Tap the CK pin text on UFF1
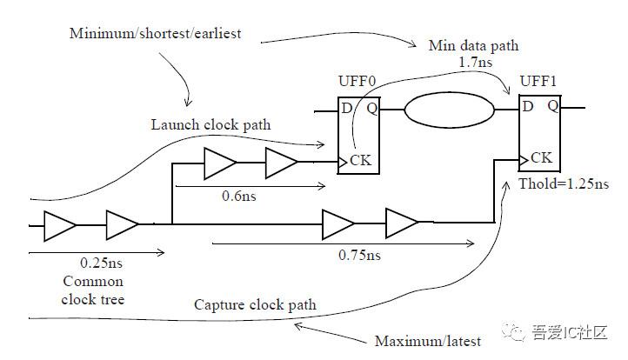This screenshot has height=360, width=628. [541, 158]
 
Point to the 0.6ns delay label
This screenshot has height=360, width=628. [234, 197]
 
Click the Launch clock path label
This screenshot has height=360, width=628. [210, 125]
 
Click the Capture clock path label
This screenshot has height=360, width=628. [255, 305]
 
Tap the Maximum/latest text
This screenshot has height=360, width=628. [419, 340]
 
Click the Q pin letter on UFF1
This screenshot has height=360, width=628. [552, 106]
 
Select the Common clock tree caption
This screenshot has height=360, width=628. [93, 290]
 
